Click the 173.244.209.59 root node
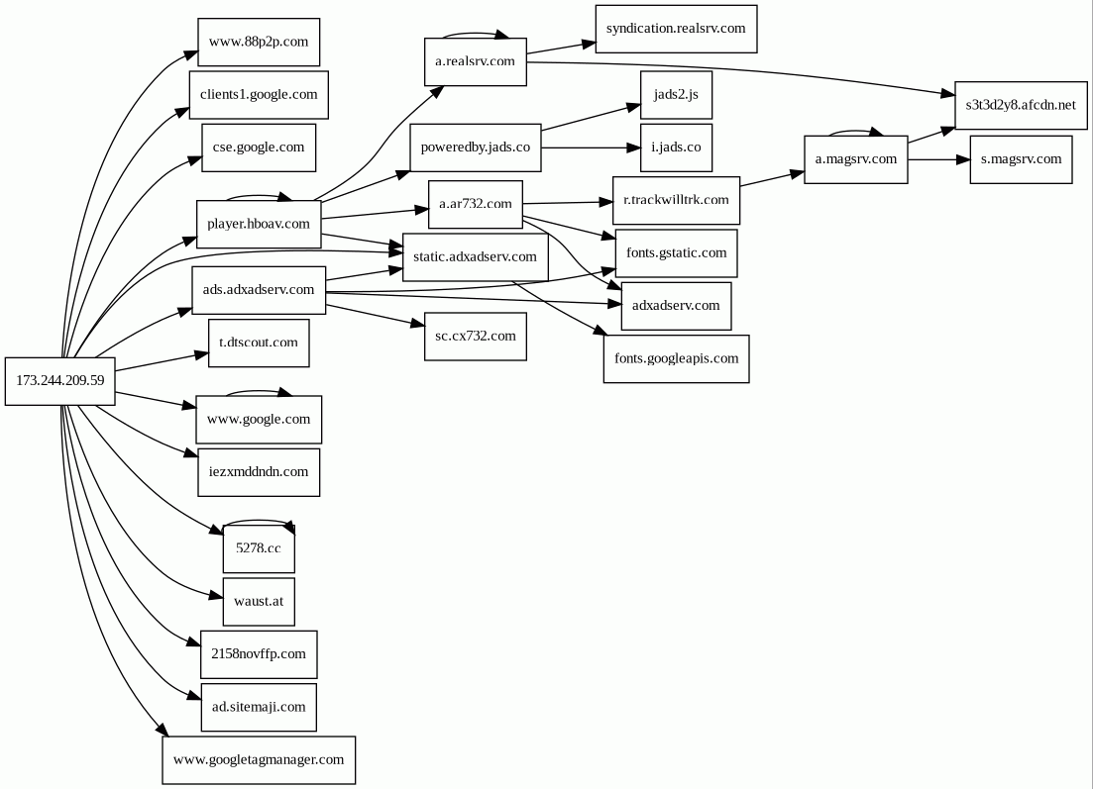click(59, 381)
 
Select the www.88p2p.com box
click(259, 43)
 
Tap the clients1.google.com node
click(259, 95)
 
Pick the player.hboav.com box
click(259, 225)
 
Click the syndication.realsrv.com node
click(676, 30)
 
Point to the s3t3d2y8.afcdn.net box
click(1021, 105)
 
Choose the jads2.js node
click(676, 95)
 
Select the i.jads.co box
click(676, 148)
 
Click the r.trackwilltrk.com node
click(676, 201)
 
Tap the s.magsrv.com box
click(1021, 160)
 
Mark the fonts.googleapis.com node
click(676, 358)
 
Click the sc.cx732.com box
click(476, 337)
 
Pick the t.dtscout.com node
click(259, 343)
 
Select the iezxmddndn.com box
click(259, 472)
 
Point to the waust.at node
click(259, 602)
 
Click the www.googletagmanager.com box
click(259, 759)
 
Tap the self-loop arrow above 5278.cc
click(259, 520)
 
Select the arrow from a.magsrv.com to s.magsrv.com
click(939, 159)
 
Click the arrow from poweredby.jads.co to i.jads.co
click(592, 148)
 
